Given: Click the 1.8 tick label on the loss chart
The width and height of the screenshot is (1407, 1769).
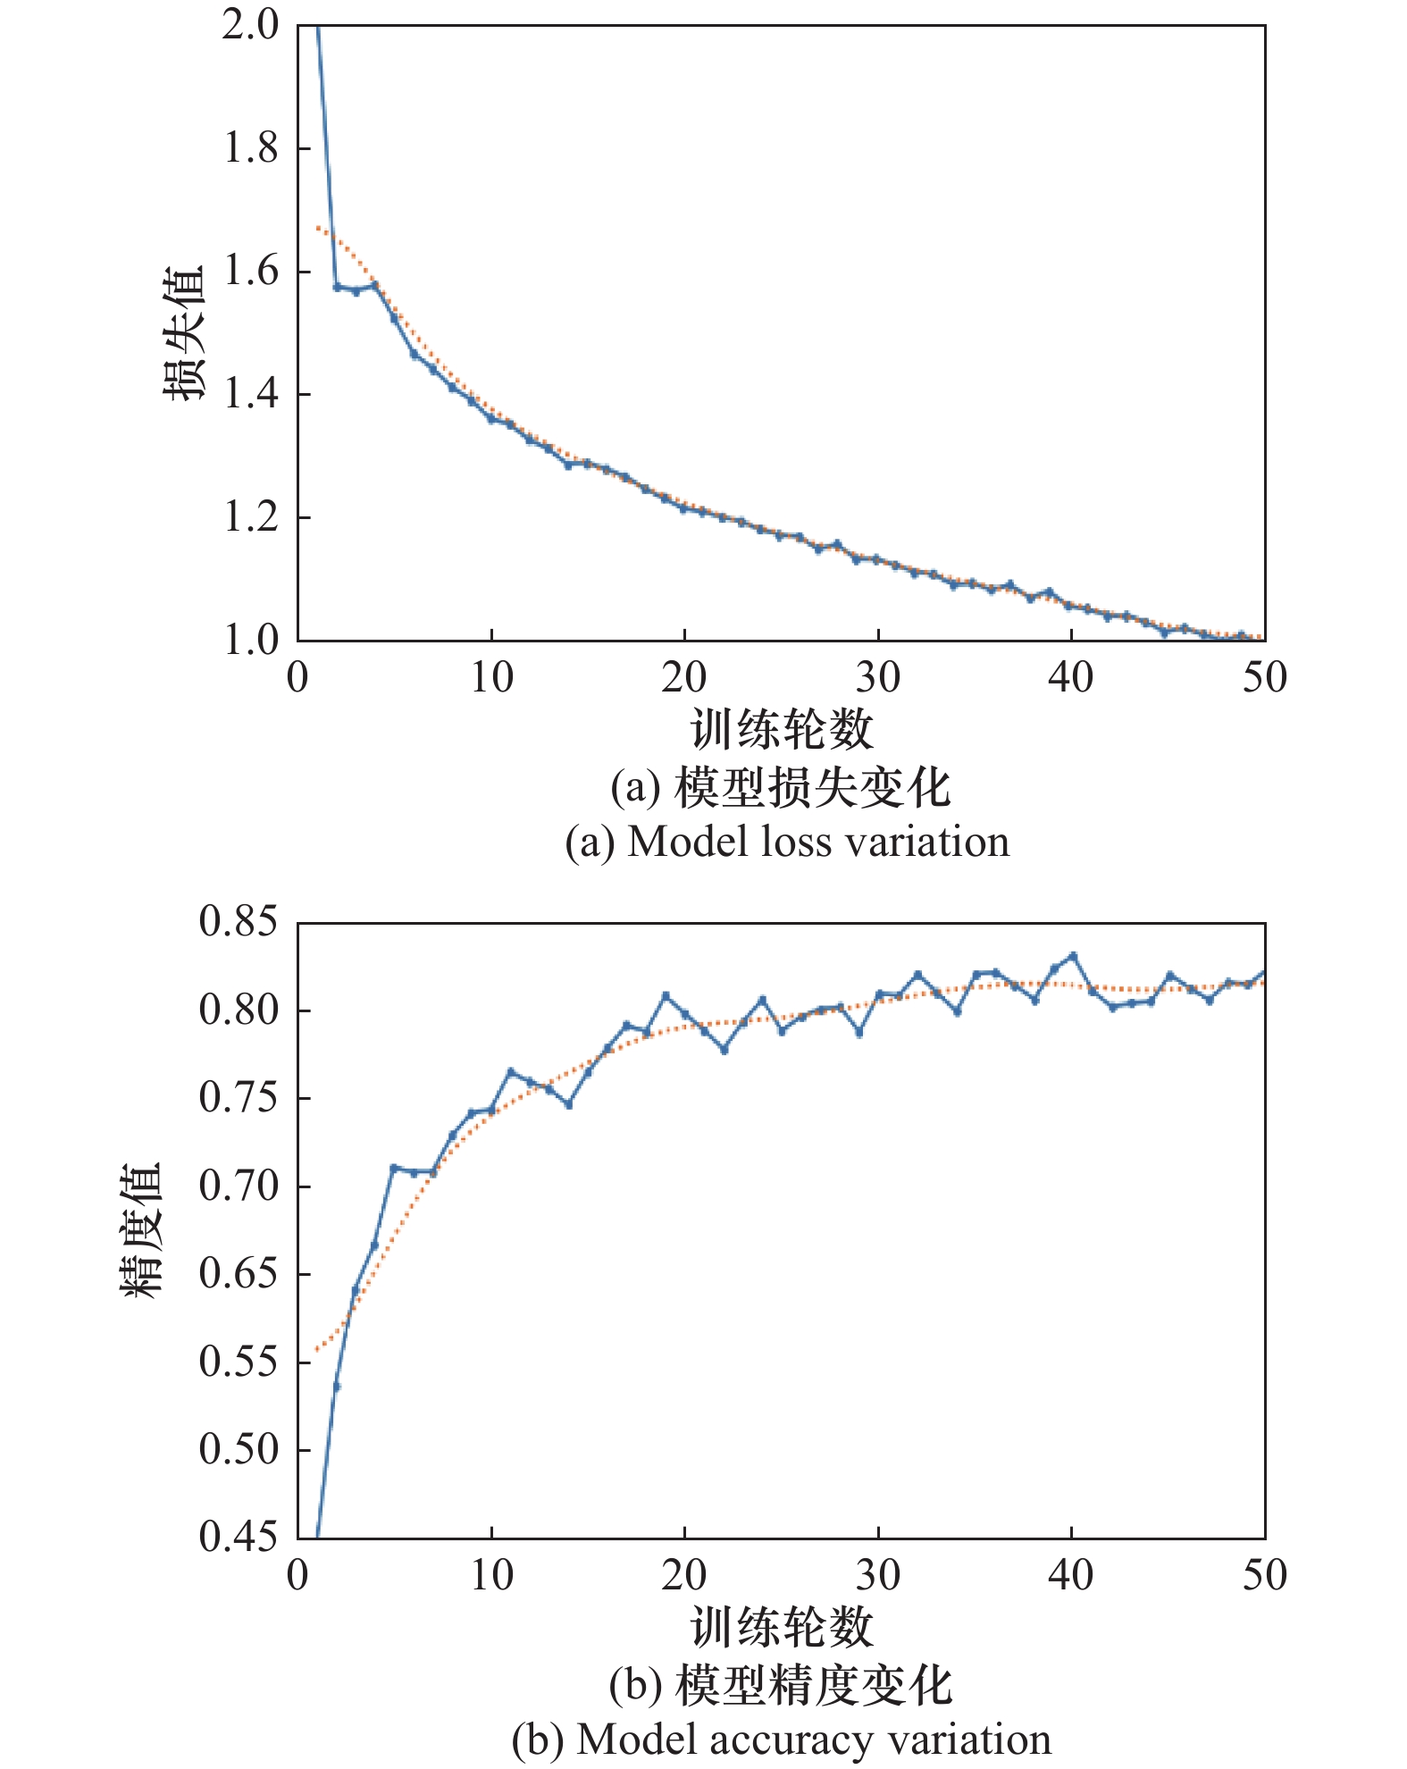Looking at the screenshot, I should (250, 148).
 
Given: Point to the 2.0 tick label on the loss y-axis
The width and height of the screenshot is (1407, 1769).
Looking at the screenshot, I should (250, 25).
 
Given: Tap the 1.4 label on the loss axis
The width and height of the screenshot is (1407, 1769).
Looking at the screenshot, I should (250, 394).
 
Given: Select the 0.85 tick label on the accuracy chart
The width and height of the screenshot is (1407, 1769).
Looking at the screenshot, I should (239, 922).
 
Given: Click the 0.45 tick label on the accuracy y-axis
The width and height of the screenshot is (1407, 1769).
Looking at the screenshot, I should (239, 1537).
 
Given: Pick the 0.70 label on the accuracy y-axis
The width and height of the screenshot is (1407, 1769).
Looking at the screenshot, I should (239, 1186).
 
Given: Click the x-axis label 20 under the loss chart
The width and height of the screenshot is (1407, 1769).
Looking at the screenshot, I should (684, 679).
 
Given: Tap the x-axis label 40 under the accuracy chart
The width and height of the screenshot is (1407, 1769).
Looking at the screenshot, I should (1070, 1576).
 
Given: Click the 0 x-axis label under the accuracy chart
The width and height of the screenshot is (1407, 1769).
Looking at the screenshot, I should (297, 1576).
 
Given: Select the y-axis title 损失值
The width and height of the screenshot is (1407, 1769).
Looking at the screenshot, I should (185, 332).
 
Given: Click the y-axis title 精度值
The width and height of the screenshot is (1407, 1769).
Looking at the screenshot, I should (141, 1229).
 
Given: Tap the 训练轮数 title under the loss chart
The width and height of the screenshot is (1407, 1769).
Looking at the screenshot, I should (782, 729).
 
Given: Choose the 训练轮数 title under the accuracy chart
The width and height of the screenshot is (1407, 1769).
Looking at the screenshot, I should (782, 1626).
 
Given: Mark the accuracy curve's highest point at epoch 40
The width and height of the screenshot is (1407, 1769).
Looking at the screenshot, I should (1073, 956).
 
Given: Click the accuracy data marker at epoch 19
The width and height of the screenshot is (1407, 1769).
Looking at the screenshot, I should (666, 995).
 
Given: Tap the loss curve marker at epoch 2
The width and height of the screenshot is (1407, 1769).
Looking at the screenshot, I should (337, 287).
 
